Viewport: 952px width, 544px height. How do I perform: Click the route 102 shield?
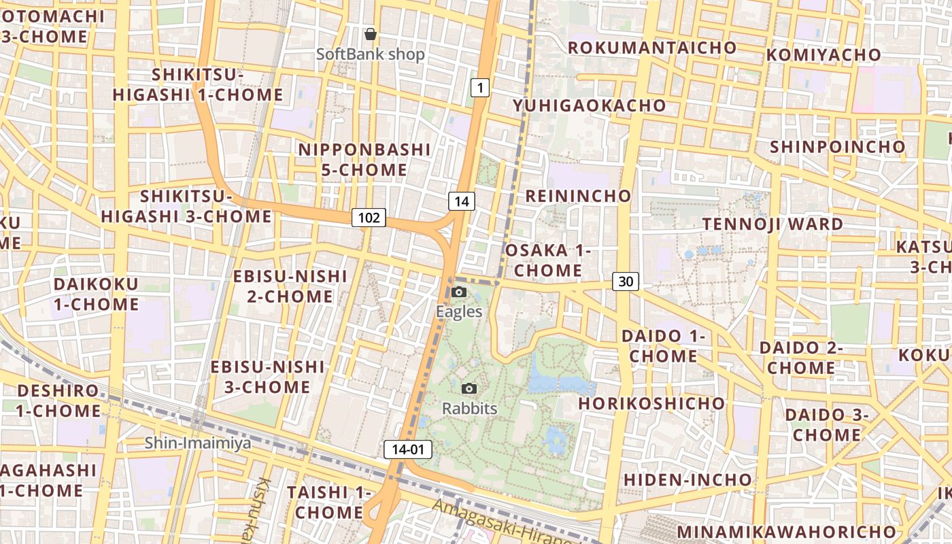pos(369,218)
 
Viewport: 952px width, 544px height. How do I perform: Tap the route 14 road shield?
pos(461,201)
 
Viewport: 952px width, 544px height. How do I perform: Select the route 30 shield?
pos(626,281)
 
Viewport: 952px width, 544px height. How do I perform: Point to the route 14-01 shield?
pos(408,449)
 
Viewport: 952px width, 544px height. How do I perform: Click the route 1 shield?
pos(480,87)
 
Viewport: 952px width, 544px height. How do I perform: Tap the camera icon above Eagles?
pos(459,292)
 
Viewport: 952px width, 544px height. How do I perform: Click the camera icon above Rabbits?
pos(469,388)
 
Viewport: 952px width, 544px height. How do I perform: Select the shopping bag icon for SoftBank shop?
pos(370,34)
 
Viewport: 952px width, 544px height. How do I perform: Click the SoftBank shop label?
pos(371,54)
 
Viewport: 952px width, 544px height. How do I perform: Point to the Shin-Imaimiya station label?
pos(197,443)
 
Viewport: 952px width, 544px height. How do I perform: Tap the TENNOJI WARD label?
pos(772,224)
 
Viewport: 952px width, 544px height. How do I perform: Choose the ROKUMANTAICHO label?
pos(651,48)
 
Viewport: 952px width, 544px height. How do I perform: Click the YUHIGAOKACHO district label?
pos(589,105)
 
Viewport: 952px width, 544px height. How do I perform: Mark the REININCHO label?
pos(578,196)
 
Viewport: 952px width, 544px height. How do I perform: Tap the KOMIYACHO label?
pos(823,55)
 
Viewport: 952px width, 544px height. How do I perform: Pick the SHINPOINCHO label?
pos(837,147)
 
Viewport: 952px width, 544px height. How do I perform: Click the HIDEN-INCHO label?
pos(687,479)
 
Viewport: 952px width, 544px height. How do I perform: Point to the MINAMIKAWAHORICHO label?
pos(786,531)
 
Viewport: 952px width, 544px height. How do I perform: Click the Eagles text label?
pos(459,312)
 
